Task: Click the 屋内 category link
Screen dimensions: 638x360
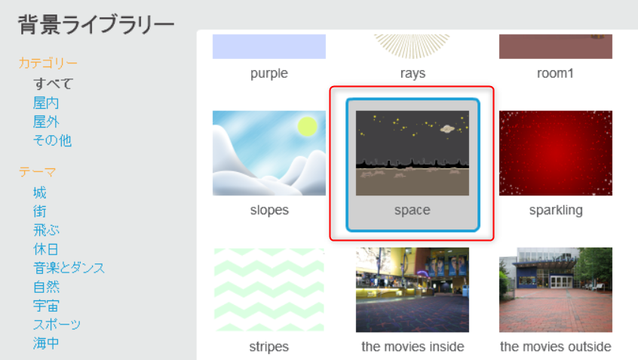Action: [x=46, y=103]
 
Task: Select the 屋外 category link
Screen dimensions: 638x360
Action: [x=46, y=122]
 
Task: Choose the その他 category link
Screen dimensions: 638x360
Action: [x=52, y=140]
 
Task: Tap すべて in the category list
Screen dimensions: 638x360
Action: [x=53, y=84]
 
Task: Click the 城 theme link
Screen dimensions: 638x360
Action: [x=40, y=192]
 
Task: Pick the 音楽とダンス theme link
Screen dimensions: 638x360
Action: [x=69, y=268]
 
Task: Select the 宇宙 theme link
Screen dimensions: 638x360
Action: [x=46, y=306]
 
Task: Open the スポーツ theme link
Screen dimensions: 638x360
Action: [x=57, y=325]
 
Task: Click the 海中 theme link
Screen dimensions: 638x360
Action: [x=46, y=343]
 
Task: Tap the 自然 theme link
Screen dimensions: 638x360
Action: [x=46, y=287]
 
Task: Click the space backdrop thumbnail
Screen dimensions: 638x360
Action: [x=413, y=153]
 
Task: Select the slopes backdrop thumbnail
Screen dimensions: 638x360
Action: [x=269, y=153]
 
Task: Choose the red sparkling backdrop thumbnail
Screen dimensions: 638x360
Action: [x=555, y=153]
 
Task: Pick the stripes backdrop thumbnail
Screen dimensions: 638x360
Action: [x=269, y=290]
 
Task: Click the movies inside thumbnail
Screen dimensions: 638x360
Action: [x=413, y=290]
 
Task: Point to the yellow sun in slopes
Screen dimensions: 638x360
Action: [x=307, y=126]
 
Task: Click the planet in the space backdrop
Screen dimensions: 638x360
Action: [x=447, y=129]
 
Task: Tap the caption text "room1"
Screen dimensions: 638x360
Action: [x=555, y=73]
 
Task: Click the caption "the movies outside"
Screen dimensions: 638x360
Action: [x=555, y=346]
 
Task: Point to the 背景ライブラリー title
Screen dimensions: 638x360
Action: [x=96, y=24]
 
